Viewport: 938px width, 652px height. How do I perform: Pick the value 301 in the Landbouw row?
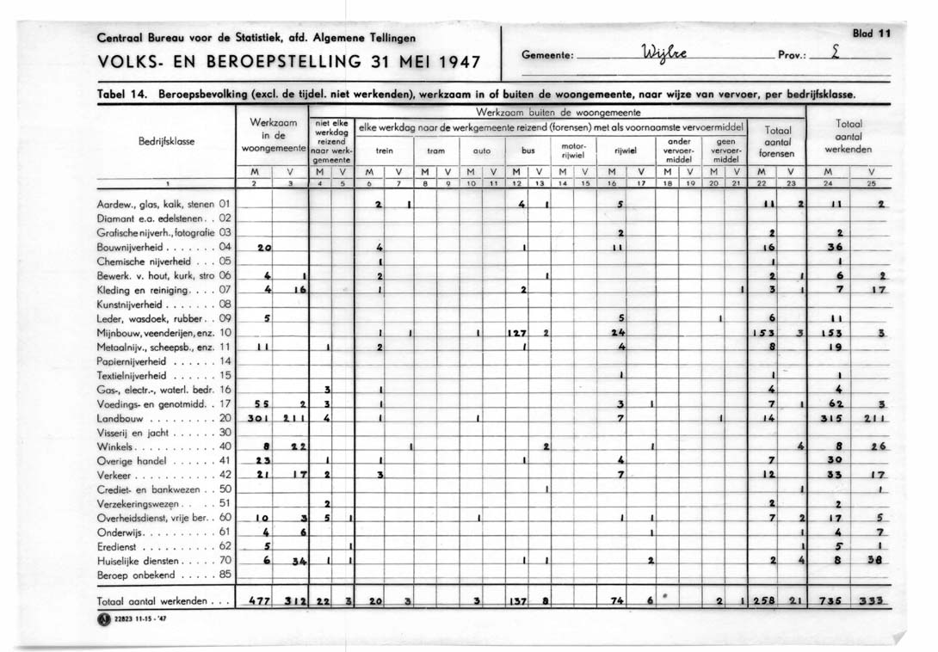click(259, 419)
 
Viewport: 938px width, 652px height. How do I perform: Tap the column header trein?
click(385, 150)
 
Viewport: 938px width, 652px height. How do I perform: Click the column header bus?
click(528, 150)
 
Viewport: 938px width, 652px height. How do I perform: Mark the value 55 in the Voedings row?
click(260, 404)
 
